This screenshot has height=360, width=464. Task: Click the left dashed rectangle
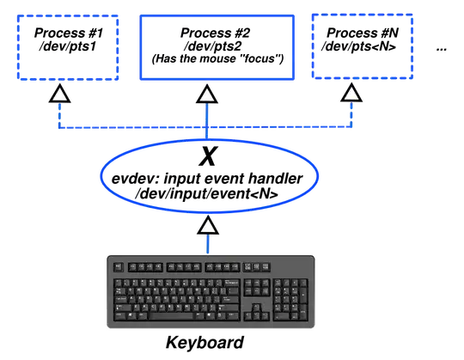(x=70, y=48)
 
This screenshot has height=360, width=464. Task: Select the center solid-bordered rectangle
(x=217, y=48)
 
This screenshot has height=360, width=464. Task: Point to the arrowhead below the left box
(x=58, y=95)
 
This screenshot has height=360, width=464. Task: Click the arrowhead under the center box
(x=206, y=95)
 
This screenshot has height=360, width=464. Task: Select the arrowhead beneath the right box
(x=351, y=95)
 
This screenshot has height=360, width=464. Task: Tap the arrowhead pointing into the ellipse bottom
(x=207, y=226)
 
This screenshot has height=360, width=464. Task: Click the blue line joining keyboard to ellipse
(x=207, y=244)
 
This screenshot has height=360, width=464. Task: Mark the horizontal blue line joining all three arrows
(x=129, y=129)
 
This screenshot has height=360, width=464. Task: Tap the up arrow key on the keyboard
(x=256, y=306)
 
